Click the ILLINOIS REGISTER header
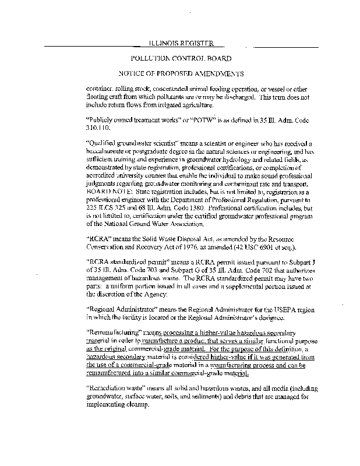point(179,44)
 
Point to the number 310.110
point(97,127)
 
